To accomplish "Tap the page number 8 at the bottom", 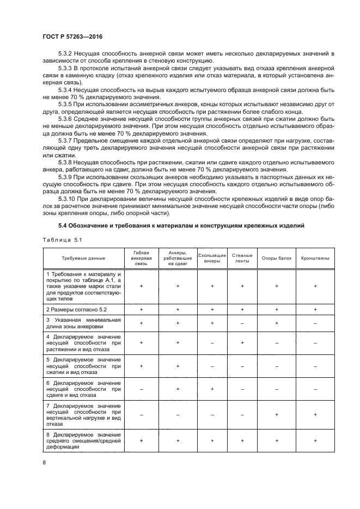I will point(45,463).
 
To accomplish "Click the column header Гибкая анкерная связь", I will point(142,257).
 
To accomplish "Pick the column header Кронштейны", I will point(315,257).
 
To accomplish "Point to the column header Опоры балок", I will point(277,257).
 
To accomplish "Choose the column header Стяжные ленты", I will point(241,257).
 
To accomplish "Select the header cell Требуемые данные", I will point(84,257).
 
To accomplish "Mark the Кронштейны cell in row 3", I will point(315,323).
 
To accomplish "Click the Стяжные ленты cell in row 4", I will point(241,342).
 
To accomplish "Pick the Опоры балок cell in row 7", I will point(277,414).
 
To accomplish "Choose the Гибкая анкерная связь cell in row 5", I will point(142,366).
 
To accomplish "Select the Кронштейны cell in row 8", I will point(315,440).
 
